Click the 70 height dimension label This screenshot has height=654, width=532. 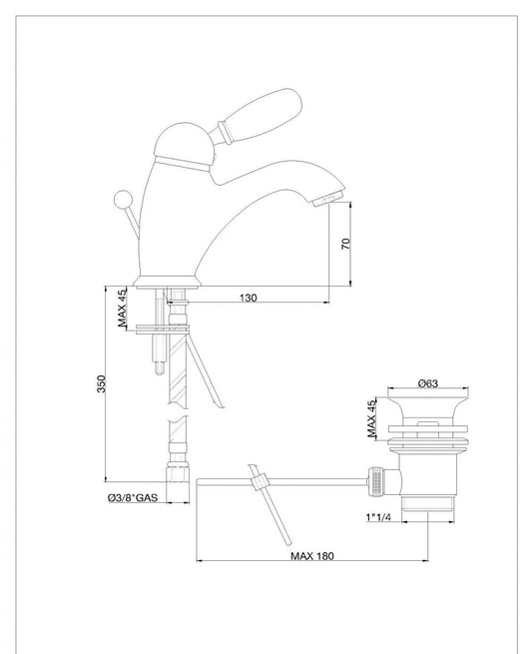click(x=346, y=244)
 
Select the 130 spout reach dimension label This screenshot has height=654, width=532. click(x=249, y=298)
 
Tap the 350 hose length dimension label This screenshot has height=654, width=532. click(x=102, y=383)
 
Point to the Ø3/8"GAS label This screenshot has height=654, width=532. click(x=133, y=497)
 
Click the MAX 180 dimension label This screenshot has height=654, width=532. click(x=312, y=555)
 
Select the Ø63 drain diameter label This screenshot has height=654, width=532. click(x=428, y=382)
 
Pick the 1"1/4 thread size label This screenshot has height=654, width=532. click(x=378, y=517)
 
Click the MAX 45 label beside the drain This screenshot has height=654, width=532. click(x=372, y=418)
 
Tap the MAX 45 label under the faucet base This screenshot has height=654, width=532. click(x=122, y=308)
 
